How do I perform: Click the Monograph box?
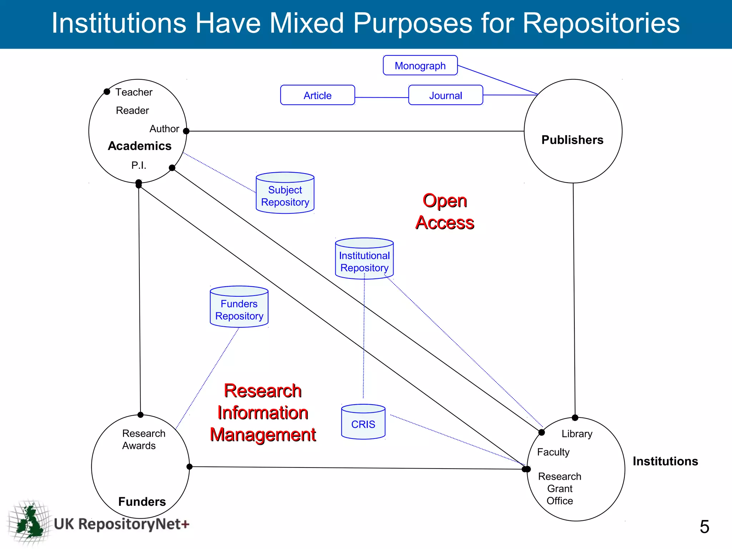click(x=420, y=65)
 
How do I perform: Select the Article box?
click(x=317, y=95)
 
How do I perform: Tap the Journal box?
click(x=445, y=95)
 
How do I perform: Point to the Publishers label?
click(x=572, y=140)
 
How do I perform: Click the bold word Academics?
click(x=140, y=146)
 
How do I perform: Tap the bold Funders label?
click(x=142, y=501)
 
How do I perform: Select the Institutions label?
click(x=665, y=461)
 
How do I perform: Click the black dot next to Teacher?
click(x=107, y=92)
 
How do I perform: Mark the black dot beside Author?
click(x=186, y=131)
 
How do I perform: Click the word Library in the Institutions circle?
click(x=577, y=434)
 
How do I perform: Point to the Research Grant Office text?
click(x=560, y=488)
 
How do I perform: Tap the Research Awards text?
click(x=143, y=439)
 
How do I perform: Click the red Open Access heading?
click(x=445, y=212)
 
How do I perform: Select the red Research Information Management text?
click(x=263, y=412)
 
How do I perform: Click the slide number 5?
click(x=704, y=526)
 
